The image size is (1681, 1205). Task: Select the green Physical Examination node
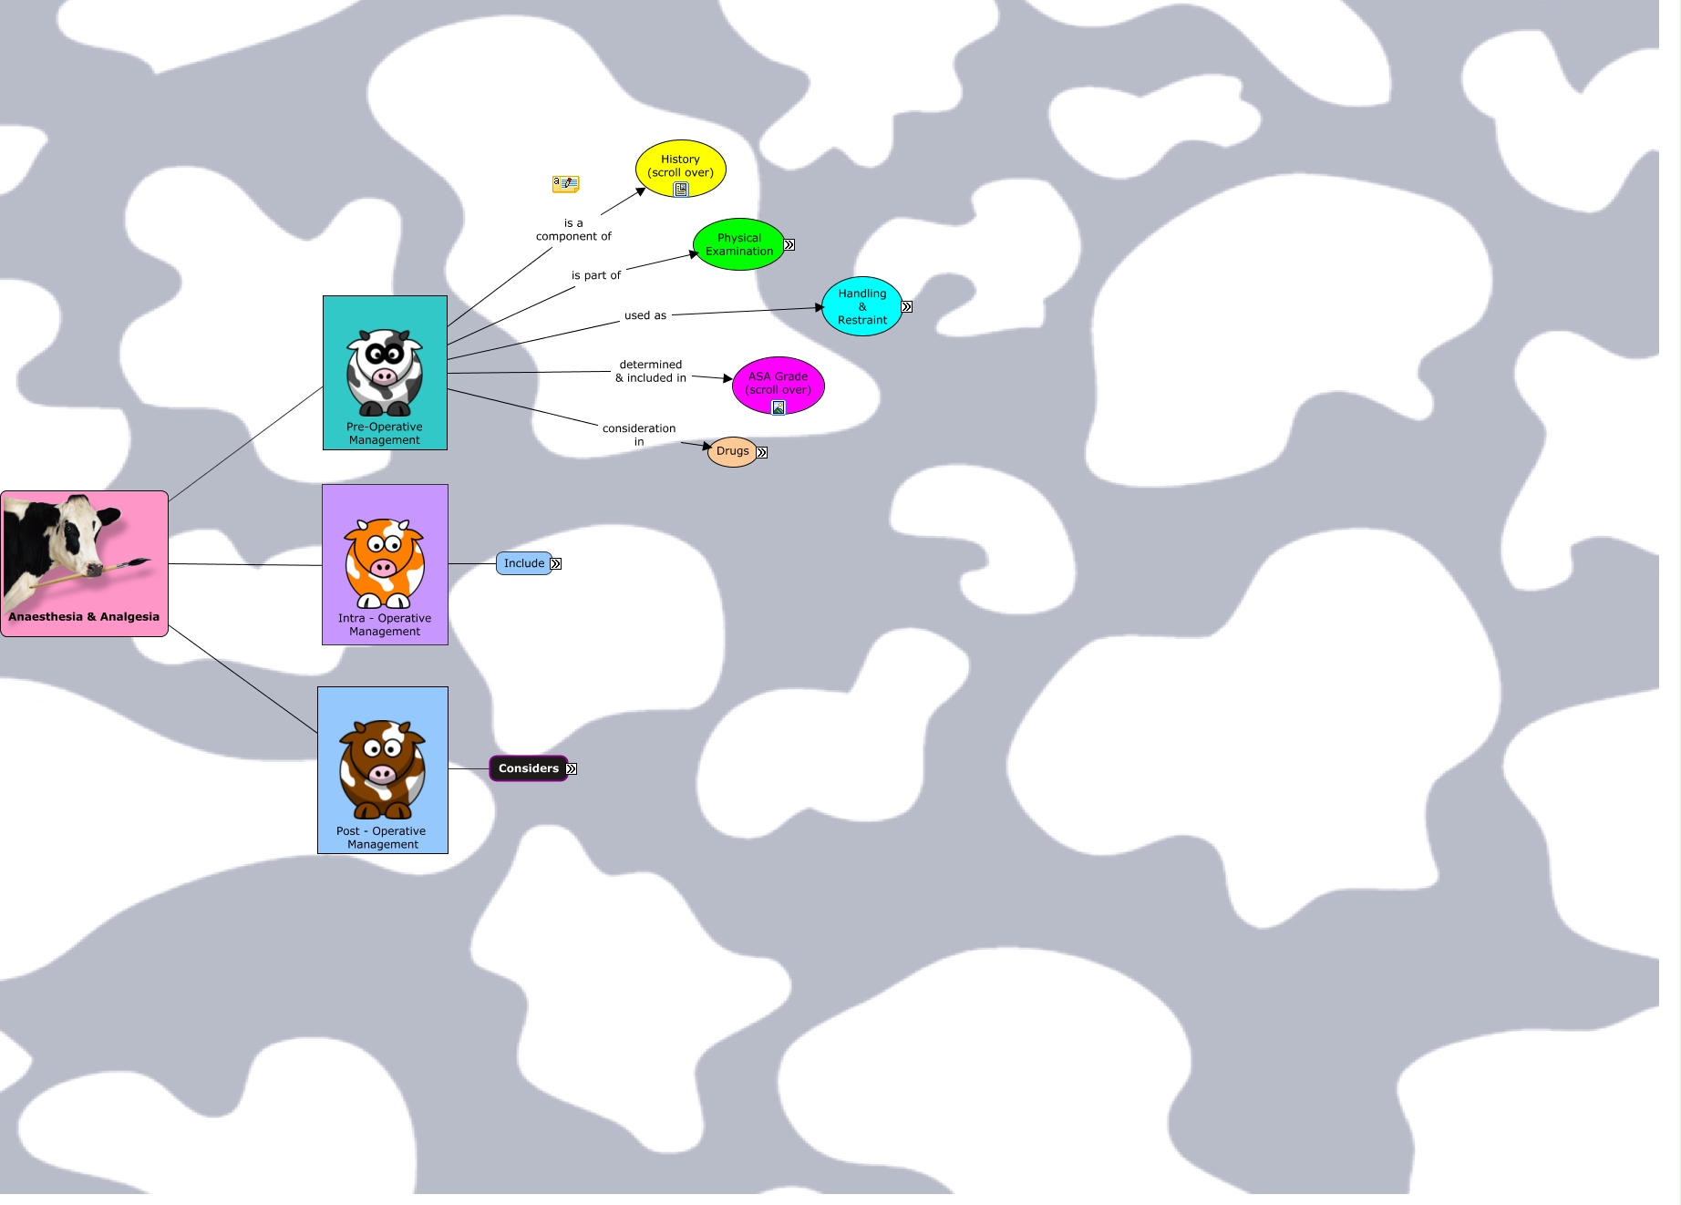coord(738,244)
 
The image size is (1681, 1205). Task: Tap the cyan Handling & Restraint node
coord(861,306)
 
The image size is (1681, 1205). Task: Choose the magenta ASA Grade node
coord(778,381)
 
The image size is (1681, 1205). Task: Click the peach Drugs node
coord(732,451)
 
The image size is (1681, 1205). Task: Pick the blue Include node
coord(523,563)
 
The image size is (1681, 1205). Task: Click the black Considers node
coord(528,768)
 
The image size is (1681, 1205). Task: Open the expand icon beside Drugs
coord(762,452)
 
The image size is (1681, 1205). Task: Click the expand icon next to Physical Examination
coord(789,244)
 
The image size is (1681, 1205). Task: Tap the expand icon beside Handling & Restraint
coord(907,306)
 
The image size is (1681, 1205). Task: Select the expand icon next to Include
coord(556,563)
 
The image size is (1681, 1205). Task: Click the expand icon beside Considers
coord(572,768)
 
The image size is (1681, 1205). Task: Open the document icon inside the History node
coord(681,189)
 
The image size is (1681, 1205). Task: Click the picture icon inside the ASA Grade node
coord(779,407)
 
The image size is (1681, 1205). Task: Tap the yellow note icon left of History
coord(565,184)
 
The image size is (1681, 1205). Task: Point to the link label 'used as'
coord(645,315)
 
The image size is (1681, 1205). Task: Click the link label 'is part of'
coord(596,275)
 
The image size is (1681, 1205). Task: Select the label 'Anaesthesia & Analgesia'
coord(84,617)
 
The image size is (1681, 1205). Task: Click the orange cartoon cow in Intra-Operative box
coord(385,562)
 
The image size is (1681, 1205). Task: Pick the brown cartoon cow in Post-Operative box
coord(383,769)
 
